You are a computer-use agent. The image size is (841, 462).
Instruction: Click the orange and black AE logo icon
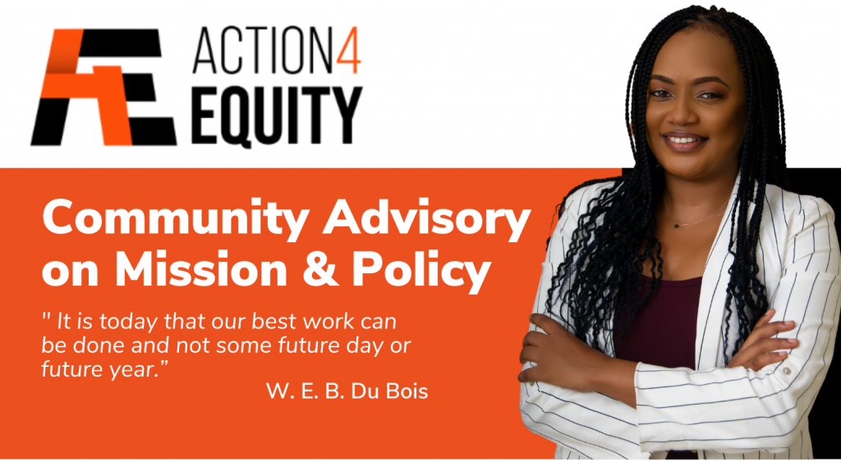point(103,87)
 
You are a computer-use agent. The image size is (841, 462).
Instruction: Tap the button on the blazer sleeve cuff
point(786,371)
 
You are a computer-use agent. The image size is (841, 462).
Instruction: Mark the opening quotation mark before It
point(46,318)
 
